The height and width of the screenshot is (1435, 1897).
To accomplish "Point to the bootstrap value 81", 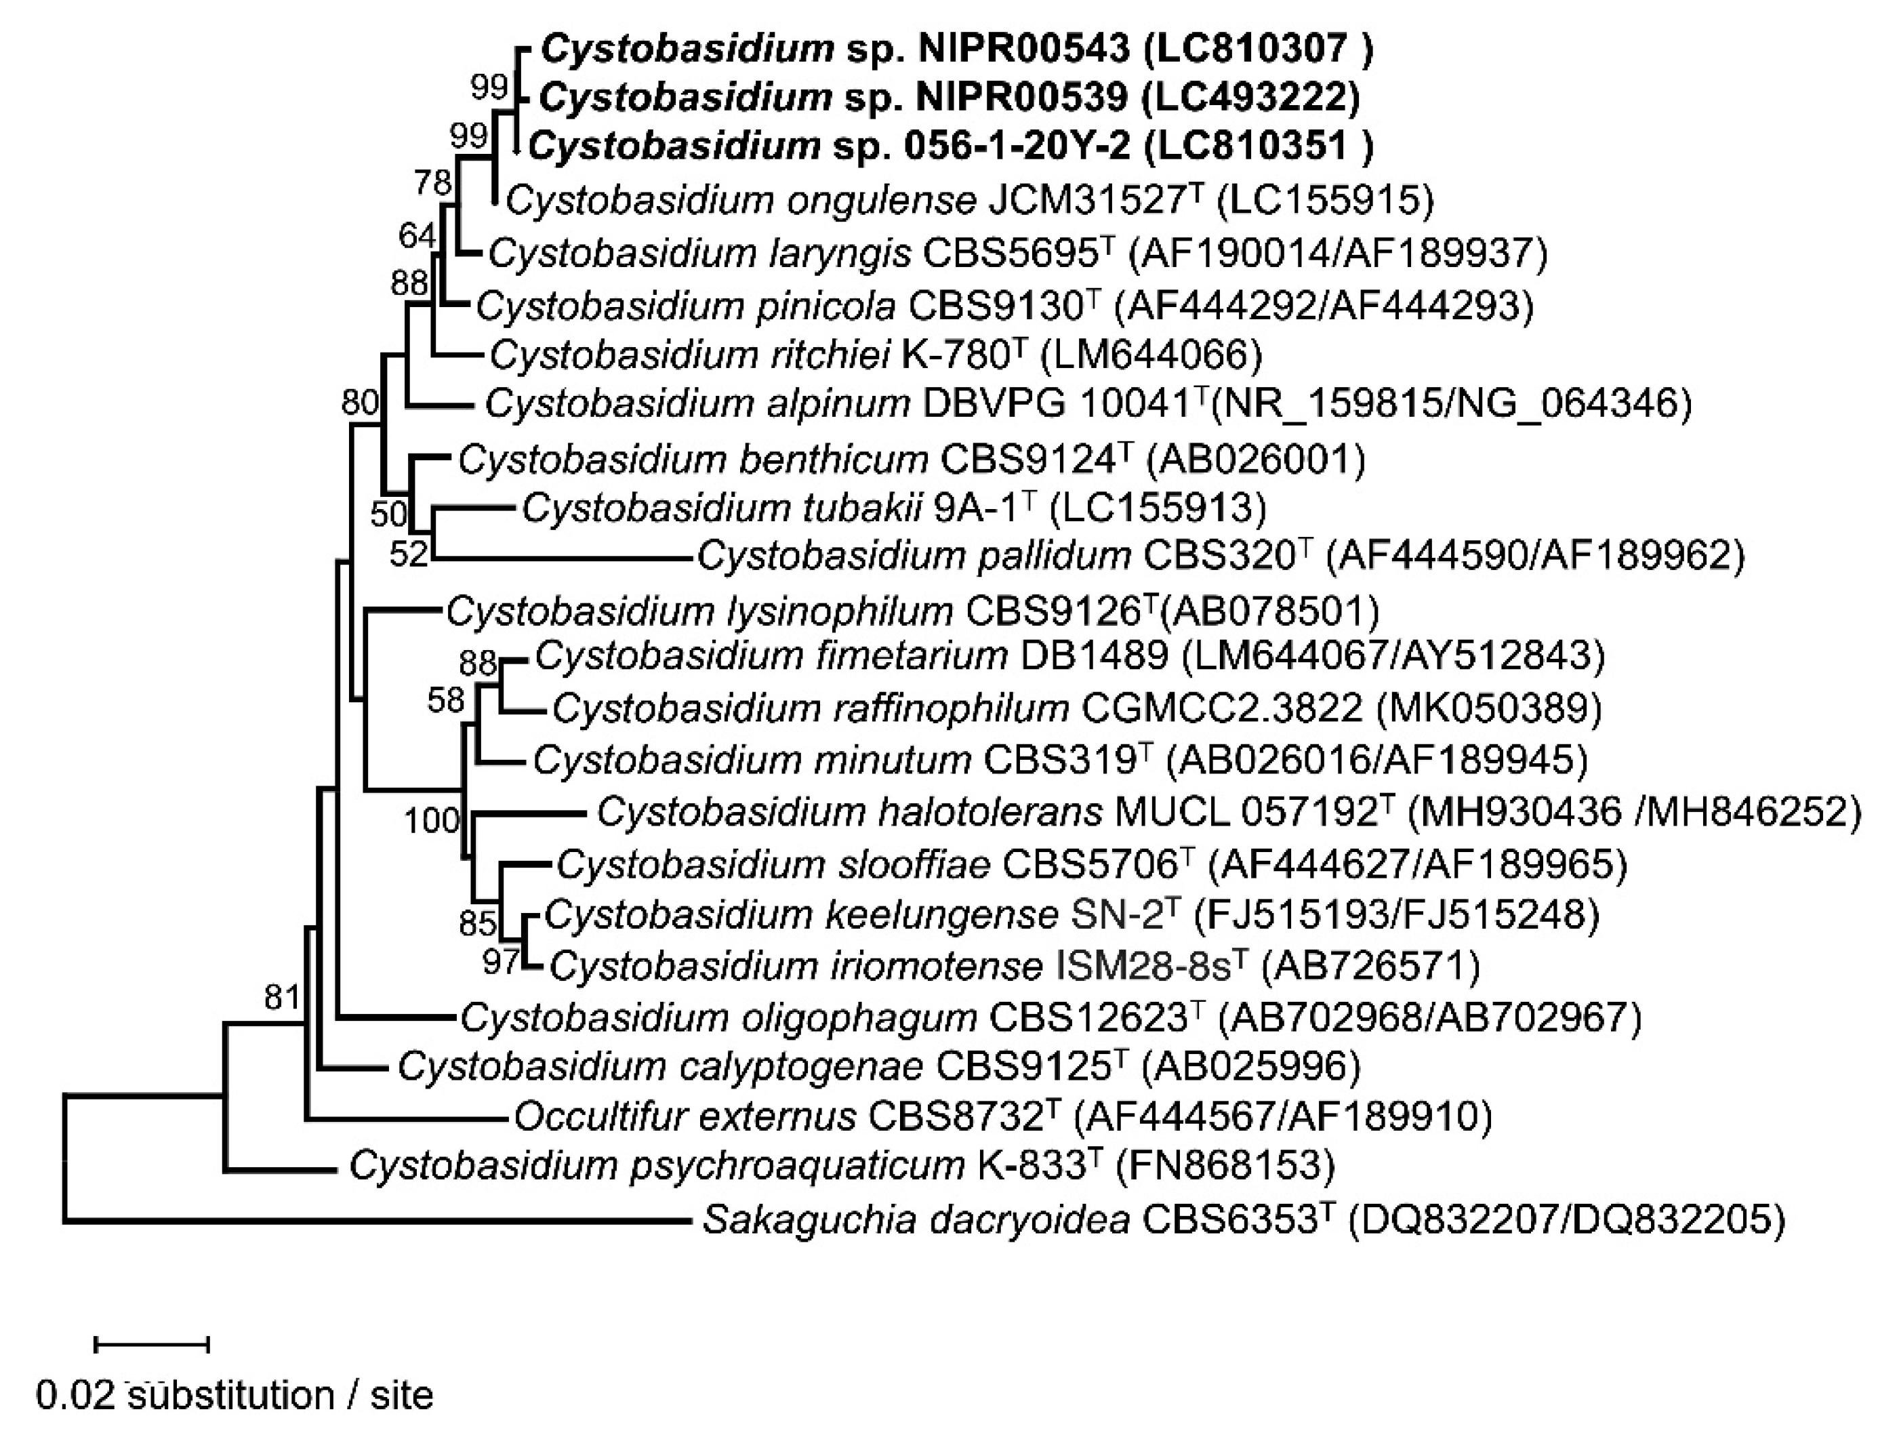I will (281, 998).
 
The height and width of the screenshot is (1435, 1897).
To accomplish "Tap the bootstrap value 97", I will (500, 962).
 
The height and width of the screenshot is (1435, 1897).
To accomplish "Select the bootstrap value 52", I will (408, 554).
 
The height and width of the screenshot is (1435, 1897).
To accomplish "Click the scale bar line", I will (152, 1344).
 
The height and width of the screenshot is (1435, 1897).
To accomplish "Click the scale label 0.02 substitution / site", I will (234, 1396).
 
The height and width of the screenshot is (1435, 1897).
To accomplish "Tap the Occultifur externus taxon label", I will (1002, 1116).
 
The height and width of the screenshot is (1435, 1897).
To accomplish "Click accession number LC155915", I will (1324, 200).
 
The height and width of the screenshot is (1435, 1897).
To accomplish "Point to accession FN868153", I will (1225, 1165).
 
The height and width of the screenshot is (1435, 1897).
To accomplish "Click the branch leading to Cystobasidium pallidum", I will (562, 559).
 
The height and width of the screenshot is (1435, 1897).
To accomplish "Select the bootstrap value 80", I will (360, 401).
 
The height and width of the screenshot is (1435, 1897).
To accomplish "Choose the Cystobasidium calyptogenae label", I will (879, 1066).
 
